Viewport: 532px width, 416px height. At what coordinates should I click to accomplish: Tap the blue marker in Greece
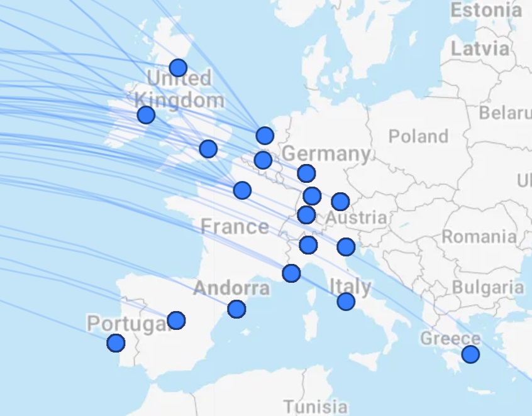pos(470,354)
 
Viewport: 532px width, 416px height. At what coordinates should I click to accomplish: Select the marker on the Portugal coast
pos(116,343)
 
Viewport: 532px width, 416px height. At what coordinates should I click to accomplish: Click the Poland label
pos(418,136)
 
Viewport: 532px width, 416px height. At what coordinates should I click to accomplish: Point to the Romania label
pos(479,237)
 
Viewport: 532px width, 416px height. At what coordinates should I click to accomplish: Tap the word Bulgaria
pos(488,288)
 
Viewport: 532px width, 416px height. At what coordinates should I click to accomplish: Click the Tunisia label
pos(315,406)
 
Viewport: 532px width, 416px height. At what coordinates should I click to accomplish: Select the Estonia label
pos(486,10)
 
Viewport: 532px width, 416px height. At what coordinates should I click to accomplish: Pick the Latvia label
pos(480,48)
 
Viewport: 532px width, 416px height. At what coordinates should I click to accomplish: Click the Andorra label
pos(231,288)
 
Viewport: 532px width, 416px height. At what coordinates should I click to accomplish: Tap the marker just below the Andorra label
pos(236,309)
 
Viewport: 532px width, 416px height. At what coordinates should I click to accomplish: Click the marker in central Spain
pos(176,320)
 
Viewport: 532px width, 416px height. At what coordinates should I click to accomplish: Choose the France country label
pos(235,226)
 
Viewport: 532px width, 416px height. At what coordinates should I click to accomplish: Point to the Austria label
pos(357,219)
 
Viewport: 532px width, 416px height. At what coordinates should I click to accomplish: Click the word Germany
pos(326,153)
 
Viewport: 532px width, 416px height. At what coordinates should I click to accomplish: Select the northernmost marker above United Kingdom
pos(178,67)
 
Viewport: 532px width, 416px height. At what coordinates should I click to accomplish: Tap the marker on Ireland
pos(146,114)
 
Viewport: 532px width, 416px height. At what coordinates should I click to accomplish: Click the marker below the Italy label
pos(346,302)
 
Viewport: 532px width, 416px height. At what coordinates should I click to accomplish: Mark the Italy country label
pos(350,287)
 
